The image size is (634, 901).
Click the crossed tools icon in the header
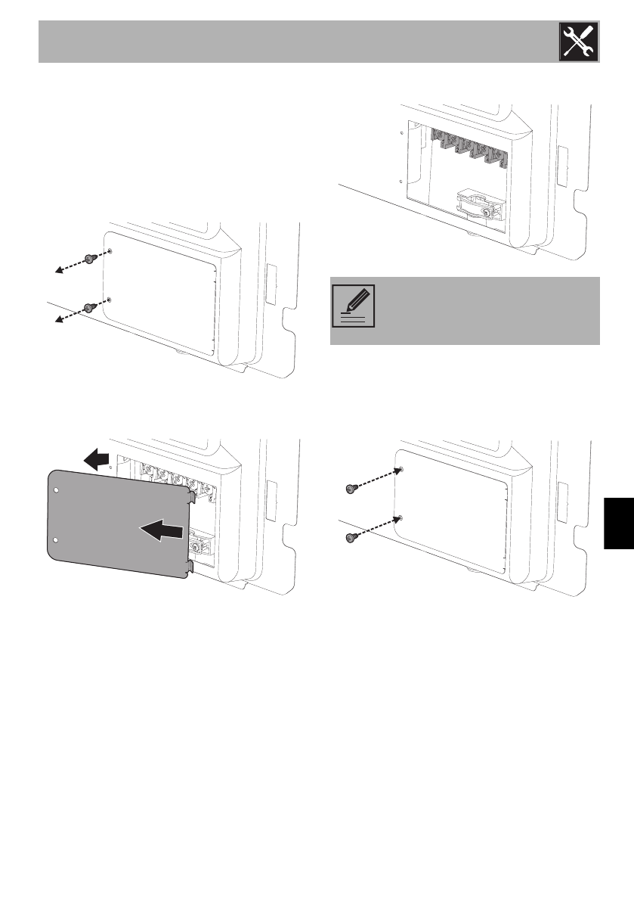(577, 42)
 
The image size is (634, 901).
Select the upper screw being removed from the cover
(90, 258)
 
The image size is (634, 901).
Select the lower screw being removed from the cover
(89, 307)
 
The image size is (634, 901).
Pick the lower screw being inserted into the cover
(351, 537)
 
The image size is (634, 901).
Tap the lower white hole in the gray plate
(57, 539)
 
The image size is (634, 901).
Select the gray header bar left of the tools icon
(295, 42)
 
